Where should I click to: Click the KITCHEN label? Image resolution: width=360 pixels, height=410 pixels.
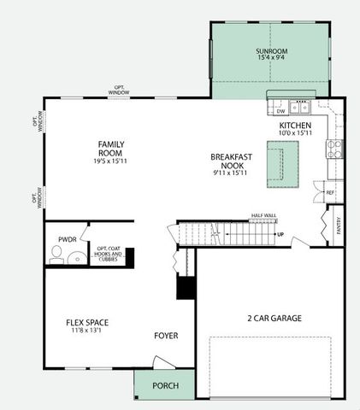[x=295, y=125]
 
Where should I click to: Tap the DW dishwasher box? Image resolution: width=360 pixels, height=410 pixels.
[x=280, y=111]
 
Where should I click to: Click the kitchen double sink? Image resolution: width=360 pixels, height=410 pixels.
[x=300, y=108]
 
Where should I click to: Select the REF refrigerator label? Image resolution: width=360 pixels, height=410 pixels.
[x=330, y=193]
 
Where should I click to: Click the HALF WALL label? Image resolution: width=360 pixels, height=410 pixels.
[x=263, y=216]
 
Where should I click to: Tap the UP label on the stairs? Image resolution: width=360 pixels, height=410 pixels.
[x=279, y=232]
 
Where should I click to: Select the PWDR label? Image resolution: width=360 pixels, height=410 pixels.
[x=67, y=239]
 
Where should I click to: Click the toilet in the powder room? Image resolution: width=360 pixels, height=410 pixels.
[x=56, y=254]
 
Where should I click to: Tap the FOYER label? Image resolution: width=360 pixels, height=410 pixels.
[x=166, y=336]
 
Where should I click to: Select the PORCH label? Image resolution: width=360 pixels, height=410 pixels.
[x=165, y=385]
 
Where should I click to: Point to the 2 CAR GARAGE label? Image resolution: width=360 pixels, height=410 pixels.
[x=274, y=319]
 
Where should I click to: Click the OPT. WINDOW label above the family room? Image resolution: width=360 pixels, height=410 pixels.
[x=119, y=89]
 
